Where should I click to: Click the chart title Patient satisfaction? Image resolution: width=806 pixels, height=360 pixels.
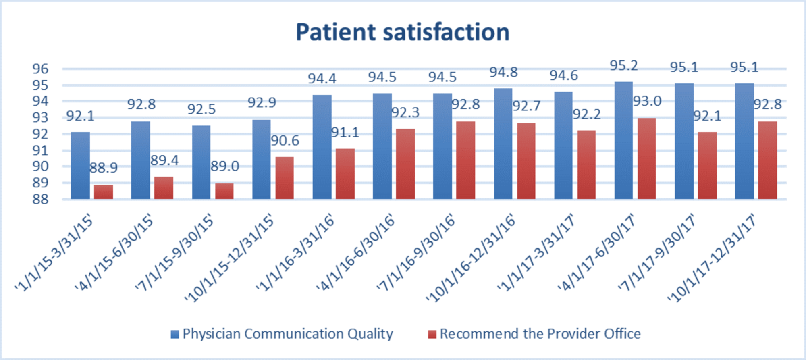[403, 32]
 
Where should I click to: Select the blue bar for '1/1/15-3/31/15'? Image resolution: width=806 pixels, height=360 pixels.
[80, 165]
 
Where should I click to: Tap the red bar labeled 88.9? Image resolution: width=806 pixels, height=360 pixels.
[104, 192]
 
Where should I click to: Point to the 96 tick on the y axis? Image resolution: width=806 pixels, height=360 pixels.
[40, 69]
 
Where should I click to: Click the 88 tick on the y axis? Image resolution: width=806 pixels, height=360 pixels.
[40, 199]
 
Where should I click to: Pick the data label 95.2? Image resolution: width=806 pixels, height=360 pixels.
[623, 65]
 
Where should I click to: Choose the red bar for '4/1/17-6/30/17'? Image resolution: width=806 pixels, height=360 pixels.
[646, 158]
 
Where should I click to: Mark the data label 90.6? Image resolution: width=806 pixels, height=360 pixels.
[285, 141]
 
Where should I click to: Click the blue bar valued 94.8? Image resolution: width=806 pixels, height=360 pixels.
[503, 144]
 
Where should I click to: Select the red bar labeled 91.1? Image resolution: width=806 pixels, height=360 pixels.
[345, 174]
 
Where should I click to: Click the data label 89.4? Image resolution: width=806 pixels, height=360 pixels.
[164, 160]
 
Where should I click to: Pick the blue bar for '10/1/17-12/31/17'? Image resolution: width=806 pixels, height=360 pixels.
[744, 141]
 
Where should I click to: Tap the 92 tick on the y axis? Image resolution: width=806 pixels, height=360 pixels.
[40, 134]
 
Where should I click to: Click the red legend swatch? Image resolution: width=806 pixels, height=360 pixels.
[432, 334]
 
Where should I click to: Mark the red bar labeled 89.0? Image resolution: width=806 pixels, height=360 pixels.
[224, 191]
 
